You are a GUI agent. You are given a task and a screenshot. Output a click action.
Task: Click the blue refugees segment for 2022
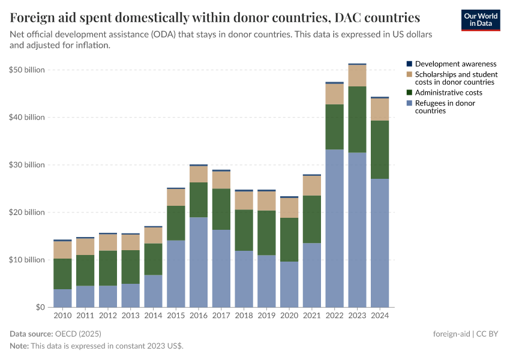coord(334,228)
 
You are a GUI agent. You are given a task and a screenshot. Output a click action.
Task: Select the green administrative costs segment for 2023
coord(357,119)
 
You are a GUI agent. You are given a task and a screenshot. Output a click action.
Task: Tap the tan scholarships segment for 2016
coord(198,174)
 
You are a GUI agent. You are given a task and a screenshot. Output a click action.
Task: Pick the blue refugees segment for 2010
coord(62,298)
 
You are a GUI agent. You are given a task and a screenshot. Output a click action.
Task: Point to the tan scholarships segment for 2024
coord(380,109)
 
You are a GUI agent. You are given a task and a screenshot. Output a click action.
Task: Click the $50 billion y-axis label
coord(27,70)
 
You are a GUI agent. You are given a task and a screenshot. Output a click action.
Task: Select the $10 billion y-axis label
coord(27,260)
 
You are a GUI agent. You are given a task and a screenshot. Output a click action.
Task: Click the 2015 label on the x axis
coord(176,316)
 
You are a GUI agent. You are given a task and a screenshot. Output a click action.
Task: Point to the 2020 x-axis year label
coord(289,316)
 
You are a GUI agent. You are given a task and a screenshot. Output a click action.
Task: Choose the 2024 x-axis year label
coord(380,316)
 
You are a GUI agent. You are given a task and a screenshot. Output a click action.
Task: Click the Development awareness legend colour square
coord(409,64)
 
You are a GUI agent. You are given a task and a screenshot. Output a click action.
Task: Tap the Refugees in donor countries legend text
coord(445,107)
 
